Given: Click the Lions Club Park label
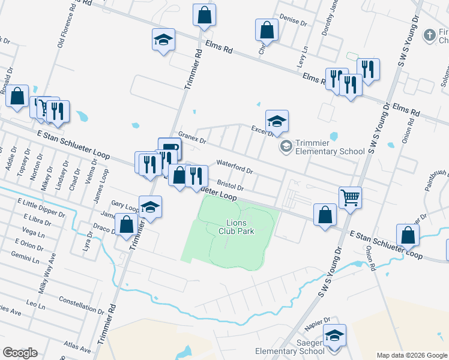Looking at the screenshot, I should point(240,226).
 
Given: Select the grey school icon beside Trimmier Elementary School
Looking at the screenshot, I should point(286,146).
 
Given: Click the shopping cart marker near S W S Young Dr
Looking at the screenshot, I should point(350,196).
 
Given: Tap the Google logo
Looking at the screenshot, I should point(20,353).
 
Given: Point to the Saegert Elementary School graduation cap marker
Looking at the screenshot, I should point(334,336).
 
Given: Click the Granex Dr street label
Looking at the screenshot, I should point(192,139).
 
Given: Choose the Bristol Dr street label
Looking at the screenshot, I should point(230,184).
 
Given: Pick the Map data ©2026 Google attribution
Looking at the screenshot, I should point(411,355).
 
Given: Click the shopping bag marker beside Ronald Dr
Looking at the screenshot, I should point(17,95).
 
